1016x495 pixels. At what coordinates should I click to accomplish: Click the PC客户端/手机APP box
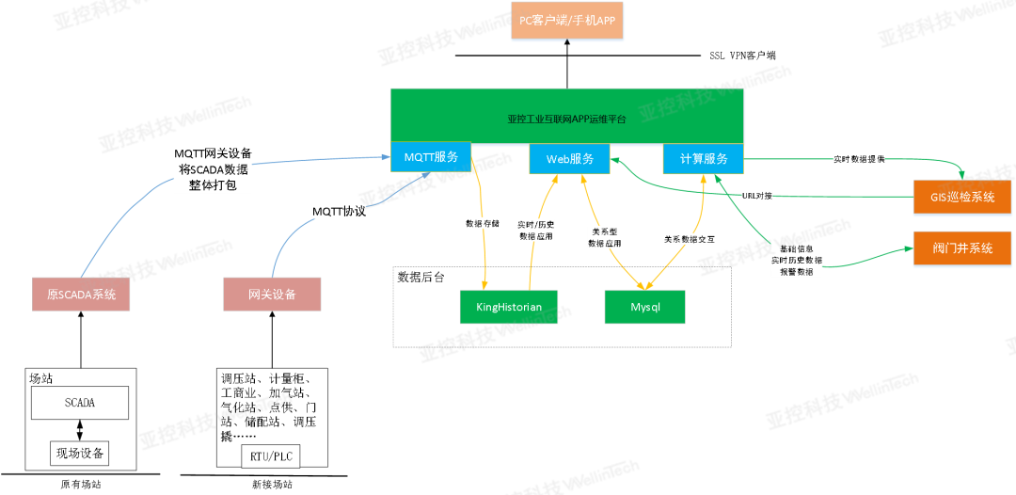567,21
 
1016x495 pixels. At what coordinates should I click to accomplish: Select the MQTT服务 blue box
431,157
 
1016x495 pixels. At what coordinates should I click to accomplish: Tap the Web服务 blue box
569,158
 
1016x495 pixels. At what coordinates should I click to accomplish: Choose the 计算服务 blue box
703,158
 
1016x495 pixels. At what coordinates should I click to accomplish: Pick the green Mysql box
644,307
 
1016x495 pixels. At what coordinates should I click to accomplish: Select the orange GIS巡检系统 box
962,198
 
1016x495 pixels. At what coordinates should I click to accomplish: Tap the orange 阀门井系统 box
962,248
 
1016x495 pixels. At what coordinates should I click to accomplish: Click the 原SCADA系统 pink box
82,295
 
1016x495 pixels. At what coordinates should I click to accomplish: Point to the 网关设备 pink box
273,295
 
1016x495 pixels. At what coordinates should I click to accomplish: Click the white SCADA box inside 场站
80,403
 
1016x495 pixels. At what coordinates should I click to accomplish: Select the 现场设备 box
80,454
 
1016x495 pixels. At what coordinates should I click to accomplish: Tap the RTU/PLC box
273,455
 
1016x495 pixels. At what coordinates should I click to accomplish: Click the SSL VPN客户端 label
741,56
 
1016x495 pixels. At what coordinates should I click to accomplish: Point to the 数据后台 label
420,277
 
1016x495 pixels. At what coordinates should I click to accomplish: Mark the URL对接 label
756,196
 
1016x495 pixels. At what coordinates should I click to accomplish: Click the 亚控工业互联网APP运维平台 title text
566,120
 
